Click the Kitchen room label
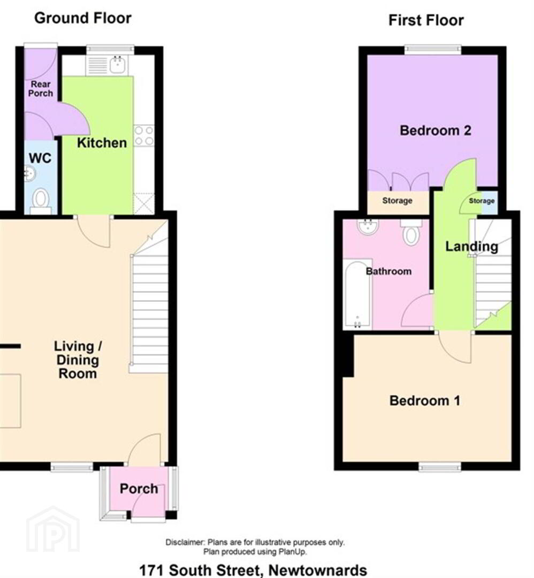(102, 143)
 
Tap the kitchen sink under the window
(118, 65)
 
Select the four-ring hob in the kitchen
(144, 135)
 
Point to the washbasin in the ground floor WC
(30, 174)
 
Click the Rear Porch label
(41, 88)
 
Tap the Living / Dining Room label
(78, 360)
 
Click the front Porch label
(139, 489)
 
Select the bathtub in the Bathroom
(357, 295)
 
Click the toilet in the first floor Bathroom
(411, 232)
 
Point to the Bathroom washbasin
(367, 227)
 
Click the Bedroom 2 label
(436, 131)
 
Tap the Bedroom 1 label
(425, 401)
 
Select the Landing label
(472, 246)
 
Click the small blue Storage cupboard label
(482, 201)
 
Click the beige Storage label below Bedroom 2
(397, 201)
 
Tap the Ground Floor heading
(83, 18)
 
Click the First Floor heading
(426, 20)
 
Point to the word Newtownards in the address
(318, 571)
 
